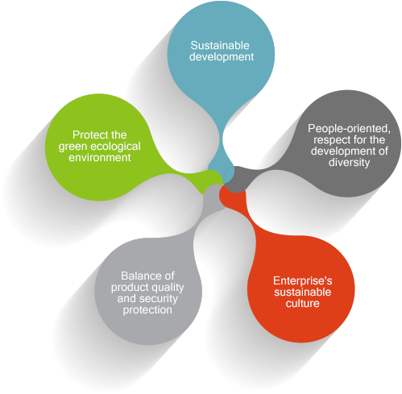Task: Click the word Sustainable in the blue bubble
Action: click(x=220, y=45)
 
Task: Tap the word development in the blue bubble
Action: click(x=222, y=57)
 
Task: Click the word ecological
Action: click(x=116, y=147)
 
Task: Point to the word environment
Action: click(x=100, y=158)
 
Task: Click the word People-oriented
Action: click(x=349, y=129)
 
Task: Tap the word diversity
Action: click(x=349, y=162)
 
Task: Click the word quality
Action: click(x=167, y=288)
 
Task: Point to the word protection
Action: click(x=147, y=310)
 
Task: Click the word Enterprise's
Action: click(x=303, y=281)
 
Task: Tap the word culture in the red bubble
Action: click(x=302, y=304)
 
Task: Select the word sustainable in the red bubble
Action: click(x=303, y=292)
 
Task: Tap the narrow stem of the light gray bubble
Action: click(x=203, y=215)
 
